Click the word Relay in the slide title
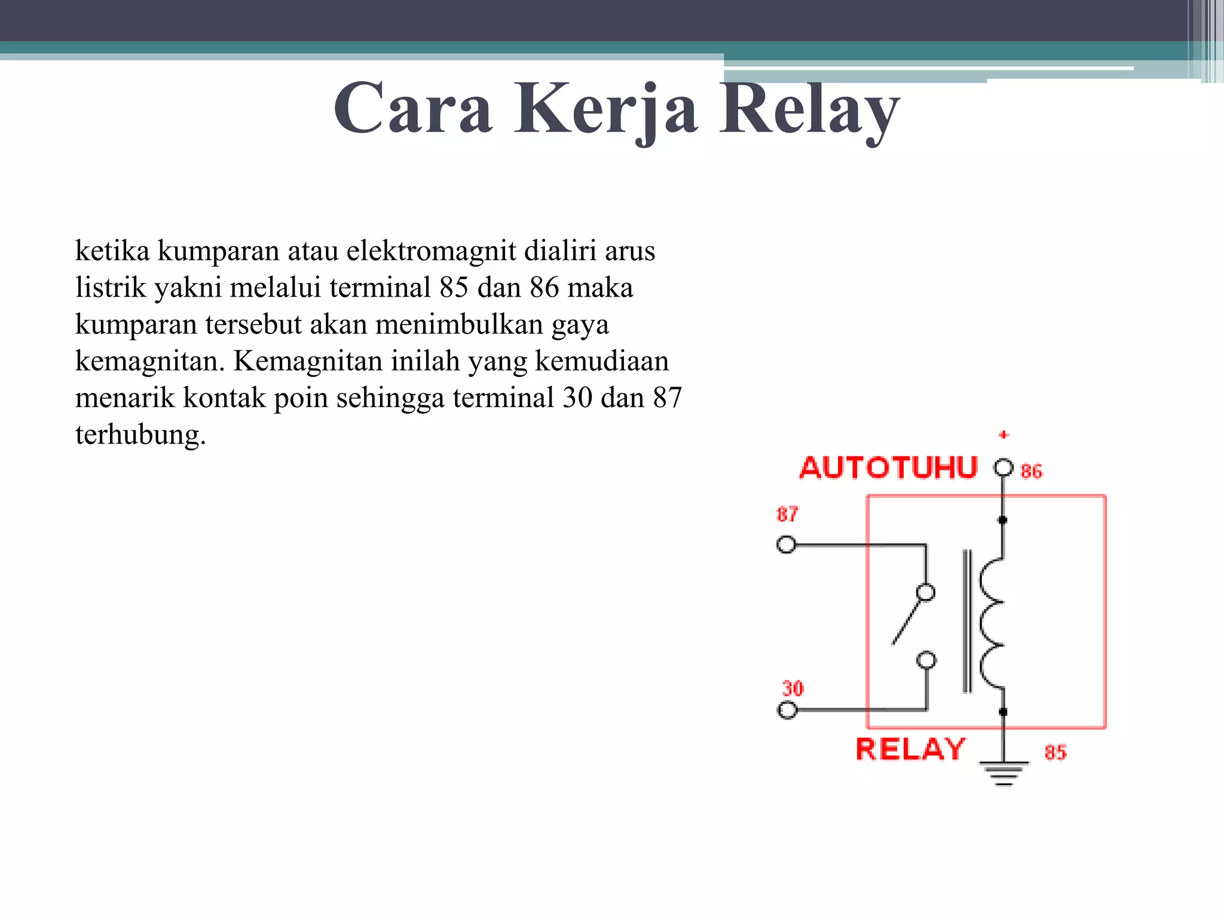[809, 109]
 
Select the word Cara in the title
[413, 109]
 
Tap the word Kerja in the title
[605, 109]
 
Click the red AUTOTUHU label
[888, 468]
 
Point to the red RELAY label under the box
[910, 749]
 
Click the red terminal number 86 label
[1032, 472]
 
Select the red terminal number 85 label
[1055, 752]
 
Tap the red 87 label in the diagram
[787, 514]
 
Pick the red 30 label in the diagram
[793, 688]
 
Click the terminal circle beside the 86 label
[1003, 467]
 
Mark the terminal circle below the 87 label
[786, 545]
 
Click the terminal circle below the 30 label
[787, 710]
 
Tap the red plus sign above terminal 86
[1004, 434]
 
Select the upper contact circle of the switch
[926, 592]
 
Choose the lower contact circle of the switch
[926, 660]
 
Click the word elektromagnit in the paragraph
[431, 250]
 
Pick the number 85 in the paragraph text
[454, 287]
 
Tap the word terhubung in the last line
[140, 434]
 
